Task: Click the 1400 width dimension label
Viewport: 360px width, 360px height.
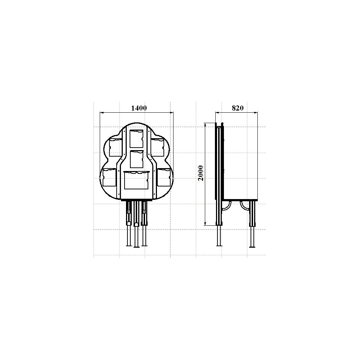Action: point(139,108)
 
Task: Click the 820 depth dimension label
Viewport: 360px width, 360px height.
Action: point(237,108)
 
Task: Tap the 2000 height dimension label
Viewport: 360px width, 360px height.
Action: point(201,173)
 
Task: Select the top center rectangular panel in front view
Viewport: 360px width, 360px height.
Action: point(136,139)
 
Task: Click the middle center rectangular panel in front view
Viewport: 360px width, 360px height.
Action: point(136,159)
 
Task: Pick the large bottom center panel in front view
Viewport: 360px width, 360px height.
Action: point(136,180)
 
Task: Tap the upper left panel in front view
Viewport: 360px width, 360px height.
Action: point(115,147)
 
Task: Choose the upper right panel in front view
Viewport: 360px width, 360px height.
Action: point(158,147)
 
